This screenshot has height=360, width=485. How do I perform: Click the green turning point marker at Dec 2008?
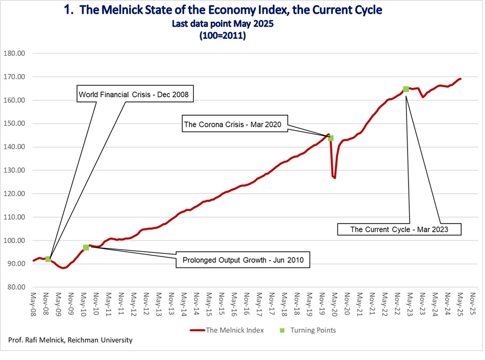point(48,259)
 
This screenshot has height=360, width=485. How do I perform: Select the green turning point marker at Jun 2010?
point(86,247)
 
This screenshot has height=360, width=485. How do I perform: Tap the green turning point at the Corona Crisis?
point(331,138)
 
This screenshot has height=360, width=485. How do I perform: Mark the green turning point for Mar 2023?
point(406,89)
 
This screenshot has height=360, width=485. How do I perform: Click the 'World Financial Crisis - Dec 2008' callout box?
point(135,93)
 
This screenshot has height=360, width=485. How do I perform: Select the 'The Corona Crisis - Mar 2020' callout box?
point(235,124)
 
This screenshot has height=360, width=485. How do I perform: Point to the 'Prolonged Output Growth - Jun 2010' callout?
point(243,260)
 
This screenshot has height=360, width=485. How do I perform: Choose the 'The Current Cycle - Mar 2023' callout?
point(399,229)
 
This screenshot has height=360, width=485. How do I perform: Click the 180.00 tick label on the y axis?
point(14,53)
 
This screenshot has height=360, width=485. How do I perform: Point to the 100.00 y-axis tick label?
point(14,241)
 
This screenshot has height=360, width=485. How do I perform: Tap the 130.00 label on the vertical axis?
point(14,170)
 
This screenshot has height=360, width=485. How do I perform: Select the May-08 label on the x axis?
point(33,304)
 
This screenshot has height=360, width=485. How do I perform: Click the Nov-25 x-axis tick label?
point(472,304)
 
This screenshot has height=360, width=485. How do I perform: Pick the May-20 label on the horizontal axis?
point(334,304)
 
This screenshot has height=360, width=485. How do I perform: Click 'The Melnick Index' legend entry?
point(227,330)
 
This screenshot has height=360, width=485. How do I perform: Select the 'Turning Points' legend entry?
point(308,330)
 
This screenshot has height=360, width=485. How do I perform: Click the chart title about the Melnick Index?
point(223,10)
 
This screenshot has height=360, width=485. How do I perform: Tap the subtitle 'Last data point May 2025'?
point(223,24)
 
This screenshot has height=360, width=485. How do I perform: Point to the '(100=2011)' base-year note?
point(223,36)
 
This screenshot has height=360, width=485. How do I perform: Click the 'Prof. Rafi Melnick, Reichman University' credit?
point(70,340)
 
